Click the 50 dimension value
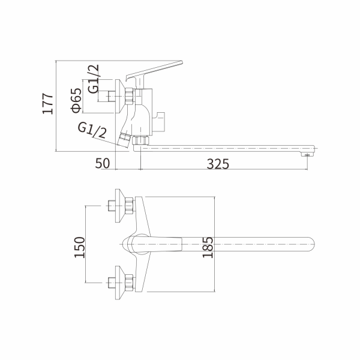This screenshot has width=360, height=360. [x=103, y=163]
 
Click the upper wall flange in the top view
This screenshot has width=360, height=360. [x=128, y=206]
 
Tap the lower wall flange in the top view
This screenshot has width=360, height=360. [x=128, y=281]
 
